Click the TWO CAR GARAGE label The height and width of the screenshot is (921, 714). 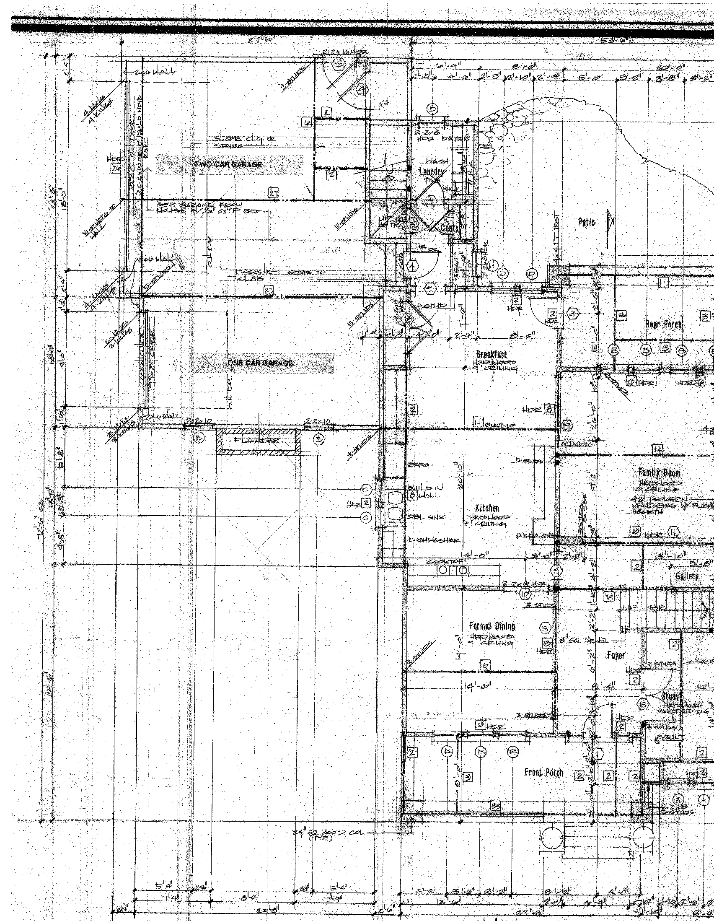(228, 164)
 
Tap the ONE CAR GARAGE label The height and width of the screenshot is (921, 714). (260, 363)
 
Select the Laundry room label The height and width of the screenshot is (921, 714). (431, 172)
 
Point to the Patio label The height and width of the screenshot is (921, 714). (586, 222)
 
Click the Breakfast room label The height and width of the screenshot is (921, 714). (491, 354)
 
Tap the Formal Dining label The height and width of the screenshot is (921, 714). (492, 626)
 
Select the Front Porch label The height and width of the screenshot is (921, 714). (543, 772)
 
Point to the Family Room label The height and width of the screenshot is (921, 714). (660, 473)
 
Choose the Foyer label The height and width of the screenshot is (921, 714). (616, 655)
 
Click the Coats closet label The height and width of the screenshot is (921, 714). (450, 228)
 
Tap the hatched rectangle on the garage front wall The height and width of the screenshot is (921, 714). (259, 441)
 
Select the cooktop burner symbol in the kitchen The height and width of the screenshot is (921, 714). (452, 571)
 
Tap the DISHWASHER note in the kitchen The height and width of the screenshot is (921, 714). (434, 540)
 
